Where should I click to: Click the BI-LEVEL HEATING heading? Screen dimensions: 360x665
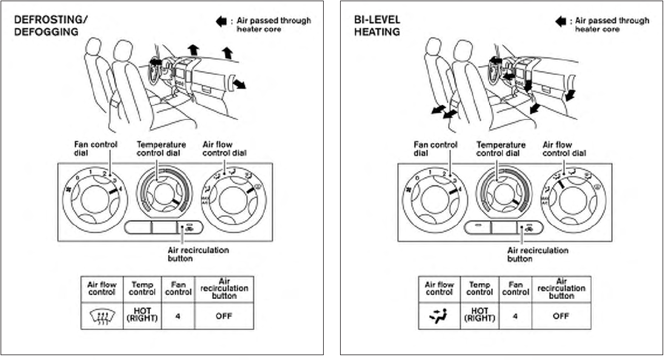377,25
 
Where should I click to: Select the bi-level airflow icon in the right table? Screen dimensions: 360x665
439,316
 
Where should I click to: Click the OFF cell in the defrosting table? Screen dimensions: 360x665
224,316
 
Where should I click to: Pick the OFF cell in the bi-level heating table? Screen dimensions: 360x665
561,316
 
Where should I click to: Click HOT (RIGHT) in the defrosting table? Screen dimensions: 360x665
142,316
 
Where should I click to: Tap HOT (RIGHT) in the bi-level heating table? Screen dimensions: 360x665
480,316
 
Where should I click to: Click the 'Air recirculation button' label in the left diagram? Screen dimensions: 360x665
198,254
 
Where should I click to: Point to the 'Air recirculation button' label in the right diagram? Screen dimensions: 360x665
538,254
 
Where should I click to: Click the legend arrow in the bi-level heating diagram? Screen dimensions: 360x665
561,21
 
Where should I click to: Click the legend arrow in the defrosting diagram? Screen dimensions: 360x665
221,21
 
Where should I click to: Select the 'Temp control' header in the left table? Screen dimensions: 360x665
142,288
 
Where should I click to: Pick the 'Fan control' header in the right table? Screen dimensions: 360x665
516,288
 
